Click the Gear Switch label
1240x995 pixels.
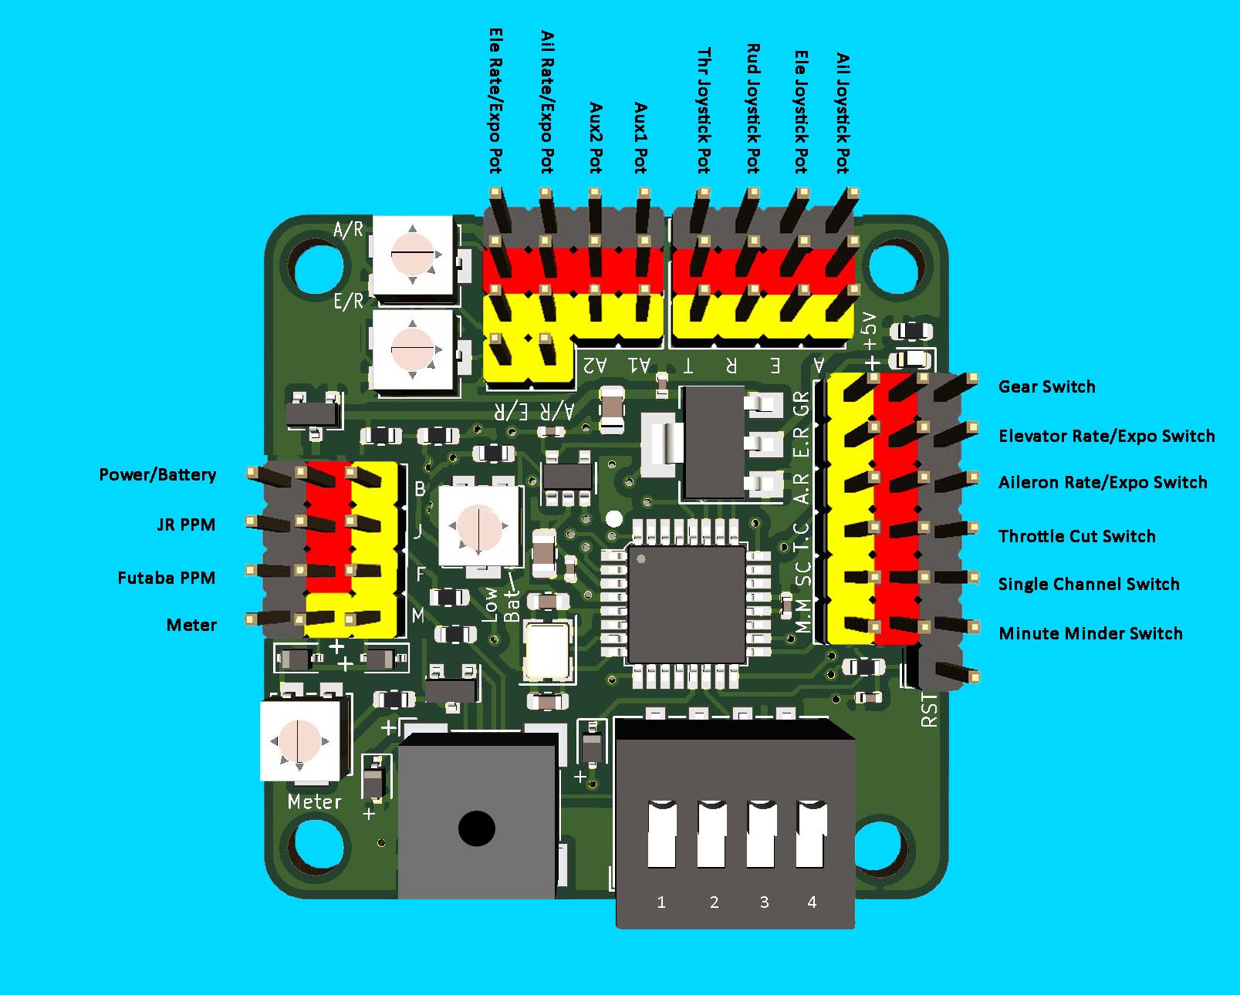point(1046,386)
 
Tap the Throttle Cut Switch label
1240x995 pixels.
point(1076,536)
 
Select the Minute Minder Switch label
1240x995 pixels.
point(1090,633)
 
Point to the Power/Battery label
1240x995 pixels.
point(157,474)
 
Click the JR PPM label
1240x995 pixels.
point(186,524)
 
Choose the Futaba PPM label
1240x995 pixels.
point(166,578)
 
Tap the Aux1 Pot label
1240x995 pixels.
point(640,137)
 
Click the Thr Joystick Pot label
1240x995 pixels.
point(704,110)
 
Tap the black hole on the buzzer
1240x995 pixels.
point(476,828)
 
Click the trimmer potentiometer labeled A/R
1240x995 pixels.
point(413,255)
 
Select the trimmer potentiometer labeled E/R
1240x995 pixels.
point(413,349)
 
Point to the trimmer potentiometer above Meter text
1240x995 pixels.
point(299,740)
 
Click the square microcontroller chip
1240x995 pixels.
point(686,603)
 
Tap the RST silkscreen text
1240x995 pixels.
point(930,710)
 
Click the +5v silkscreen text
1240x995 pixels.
point(870,332)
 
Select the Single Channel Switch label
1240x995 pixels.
point(1089,584)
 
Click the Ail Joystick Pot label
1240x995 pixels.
point(843,113)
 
